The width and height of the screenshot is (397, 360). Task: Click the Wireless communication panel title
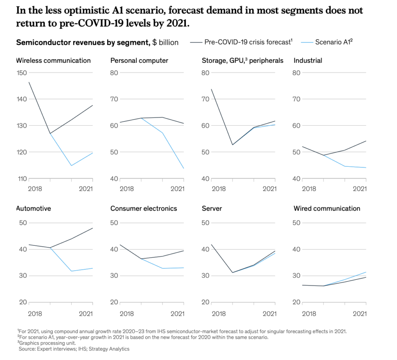pos(53,60)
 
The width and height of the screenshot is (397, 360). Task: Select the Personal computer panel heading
pos(139,60)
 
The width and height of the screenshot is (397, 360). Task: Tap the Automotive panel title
pos(34,208)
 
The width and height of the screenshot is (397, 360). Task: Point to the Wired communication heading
pos(327,208)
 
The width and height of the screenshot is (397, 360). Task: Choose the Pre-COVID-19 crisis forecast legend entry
pos(248,41)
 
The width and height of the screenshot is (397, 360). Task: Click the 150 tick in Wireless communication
pos(21,73)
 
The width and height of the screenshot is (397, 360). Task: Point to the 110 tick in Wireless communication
pos(21,179)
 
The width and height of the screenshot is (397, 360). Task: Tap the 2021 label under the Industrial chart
pos(359,188)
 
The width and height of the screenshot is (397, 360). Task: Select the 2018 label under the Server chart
pos(219,313)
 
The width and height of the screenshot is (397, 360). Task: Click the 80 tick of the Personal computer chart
pos(114,73)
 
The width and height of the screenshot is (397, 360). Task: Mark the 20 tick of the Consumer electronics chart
pos(114,302)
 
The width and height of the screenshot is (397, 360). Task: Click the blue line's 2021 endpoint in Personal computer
pos(184,169)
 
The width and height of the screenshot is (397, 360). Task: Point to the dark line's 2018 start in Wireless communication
pos(29,82)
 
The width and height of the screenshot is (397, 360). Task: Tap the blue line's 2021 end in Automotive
pos(93,268)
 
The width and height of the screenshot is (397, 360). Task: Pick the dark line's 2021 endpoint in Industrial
pos(366,141)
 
